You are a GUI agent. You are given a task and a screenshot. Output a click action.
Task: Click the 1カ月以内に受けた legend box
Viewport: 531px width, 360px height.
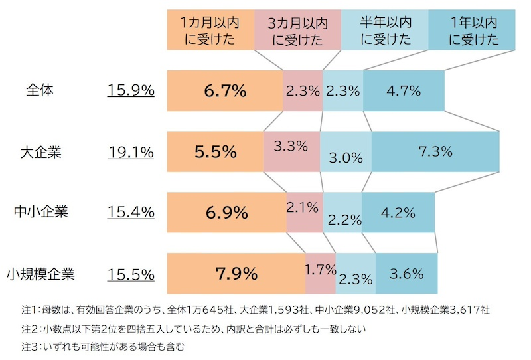pyautogui.click(x=210, y=30)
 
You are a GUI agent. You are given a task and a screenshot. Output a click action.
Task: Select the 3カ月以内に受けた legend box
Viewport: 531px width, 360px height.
pyautogui.click(x=298, y=30)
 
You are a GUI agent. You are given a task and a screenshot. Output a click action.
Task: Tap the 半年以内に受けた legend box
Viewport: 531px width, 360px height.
pyautogui.click(x=385, y=30)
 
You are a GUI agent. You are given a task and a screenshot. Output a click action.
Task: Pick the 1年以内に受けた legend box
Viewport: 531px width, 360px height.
pyautogui.click(x=471, y=30)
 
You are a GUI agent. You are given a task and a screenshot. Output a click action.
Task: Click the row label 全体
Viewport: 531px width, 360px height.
pyautogui.click(x=40, y=90)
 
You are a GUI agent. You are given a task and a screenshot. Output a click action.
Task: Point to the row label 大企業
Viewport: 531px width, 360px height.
pyautogui.click(x=40, y=152)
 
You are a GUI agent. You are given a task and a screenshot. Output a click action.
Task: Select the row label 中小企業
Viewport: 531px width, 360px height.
pyautogui.click(x=40, y=213)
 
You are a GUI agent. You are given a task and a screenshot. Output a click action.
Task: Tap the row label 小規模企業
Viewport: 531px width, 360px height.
pyautogui.click(x=40, y=274)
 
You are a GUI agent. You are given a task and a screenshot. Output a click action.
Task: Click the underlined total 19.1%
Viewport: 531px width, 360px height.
pyautogui.click(x=131, y=152)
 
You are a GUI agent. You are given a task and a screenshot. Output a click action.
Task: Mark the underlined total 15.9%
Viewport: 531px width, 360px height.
pyautogui.click(x=131, y=90)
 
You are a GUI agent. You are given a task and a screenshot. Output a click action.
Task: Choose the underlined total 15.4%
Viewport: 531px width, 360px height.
pyautogui.click(x=131, y=213)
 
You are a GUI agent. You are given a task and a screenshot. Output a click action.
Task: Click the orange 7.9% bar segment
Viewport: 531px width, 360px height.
pyautogui.click(x=236, y=274)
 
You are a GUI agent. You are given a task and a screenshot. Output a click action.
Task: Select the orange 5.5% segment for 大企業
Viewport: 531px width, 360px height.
pyautogui.click(x=215, y=152)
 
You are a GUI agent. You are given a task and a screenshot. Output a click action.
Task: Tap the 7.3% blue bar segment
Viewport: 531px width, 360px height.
pyautogui.click(x=435, y=152)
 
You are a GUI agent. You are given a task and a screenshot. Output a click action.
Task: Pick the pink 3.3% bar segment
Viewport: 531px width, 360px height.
pyautogui.click(x=291, y=152)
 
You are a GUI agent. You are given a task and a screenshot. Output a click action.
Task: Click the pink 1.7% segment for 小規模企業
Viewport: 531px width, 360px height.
pyautogui.click(x=321, y=274)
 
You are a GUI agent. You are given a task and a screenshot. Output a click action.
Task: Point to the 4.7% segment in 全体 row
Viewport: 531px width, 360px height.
pyautogui.click(x=404, y=90)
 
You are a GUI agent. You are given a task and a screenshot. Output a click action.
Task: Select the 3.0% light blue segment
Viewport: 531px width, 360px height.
pyautogui.click(x=346, y=152)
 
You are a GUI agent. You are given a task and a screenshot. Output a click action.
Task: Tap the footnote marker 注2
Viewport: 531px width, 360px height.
pyautogui.click(x=30, y=329)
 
